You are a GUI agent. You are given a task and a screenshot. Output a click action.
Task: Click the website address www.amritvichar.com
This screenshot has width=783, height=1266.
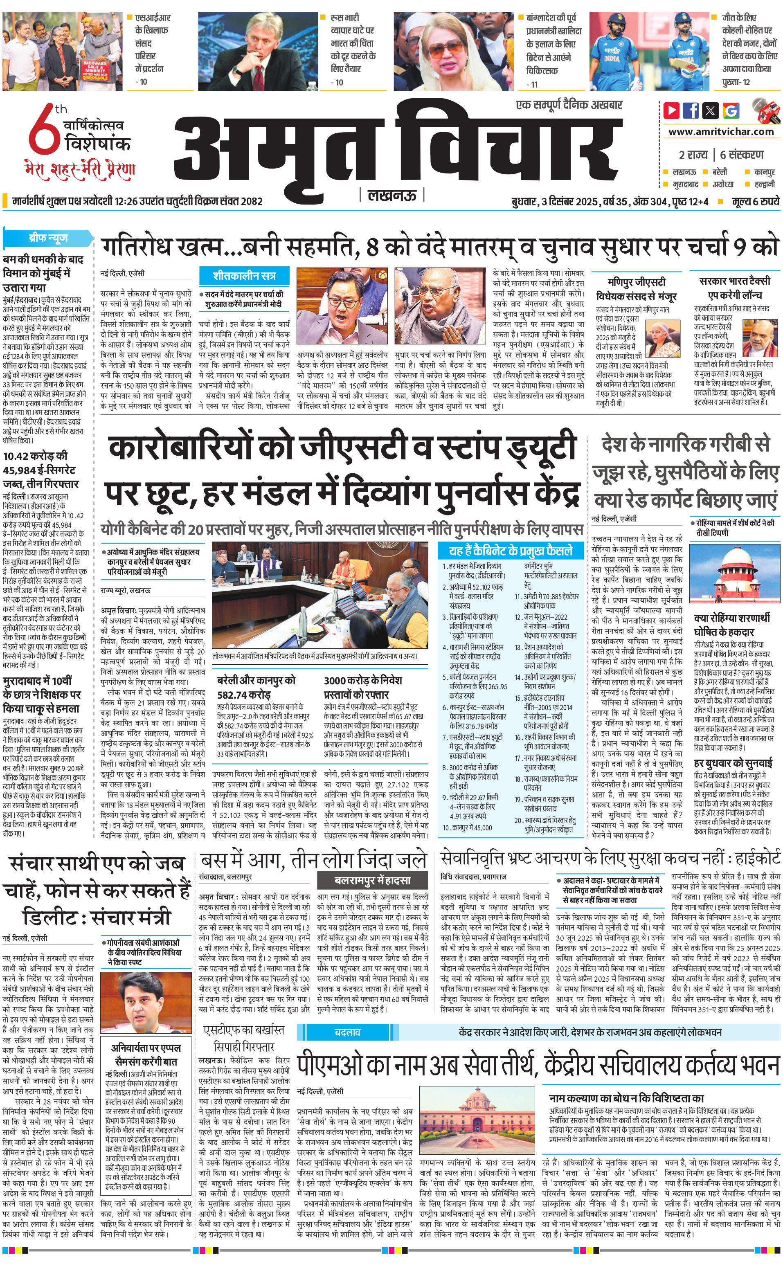(x=721, y=132)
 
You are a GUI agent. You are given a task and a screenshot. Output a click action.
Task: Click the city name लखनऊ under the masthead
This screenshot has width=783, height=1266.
(x=392, y=195)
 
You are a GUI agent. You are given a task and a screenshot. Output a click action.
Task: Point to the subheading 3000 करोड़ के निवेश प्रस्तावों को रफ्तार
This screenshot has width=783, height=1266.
(x=363, y=687)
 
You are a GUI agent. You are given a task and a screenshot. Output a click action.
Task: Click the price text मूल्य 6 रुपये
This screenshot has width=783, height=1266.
(x=756, y=201)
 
